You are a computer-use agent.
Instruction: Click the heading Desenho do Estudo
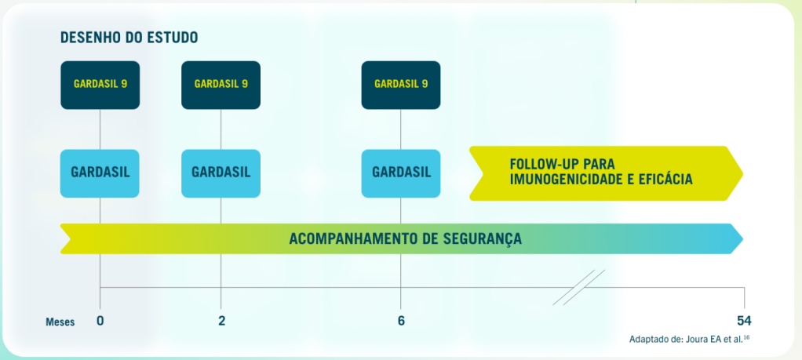pos(129,37)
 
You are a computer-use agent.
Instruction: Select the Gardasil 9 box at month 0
pos(100,85)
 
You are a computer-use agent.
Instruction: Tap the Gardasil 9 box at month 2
pos(221,85)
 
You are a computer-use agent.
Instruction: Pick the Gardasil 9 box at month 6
pos(401,85)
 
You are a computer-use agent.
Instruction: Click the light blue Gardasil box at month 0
pos(100,173)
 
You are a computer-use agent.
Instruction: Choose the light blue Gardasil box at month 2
pos(221,173)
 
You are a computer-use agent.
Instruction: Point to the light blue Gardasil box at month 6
pos(401,173)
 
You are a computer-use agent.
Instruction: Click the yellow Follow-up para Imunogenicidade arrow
pos(604,173)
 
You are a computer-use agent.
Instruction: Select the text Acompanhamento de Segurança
pos(405,238)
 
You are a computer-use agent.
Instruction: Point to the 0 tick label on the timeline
pos(100,321)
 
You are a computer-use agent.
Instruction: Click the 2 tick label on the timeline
pos(221,321)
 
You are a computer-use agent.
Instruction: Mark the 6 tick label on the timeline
pos(401,321)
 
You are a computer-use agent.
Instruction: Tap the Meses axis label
pos(60,322)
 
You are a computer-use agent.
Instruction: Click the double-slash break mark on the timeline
pos(579,287)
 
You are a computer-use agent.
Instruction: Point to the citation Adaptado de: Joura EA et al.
pos(691,340)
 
